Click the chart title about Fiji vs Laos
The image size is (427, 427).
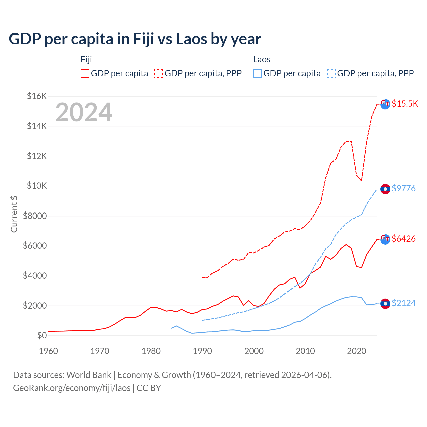point(135,39)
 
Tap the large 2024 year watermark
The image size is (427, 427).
point(84,112)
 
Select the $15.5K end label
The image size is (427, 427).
point(405,104)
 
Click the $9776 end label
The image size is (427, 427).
point(403,188)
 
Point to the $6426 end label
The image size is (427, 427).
point(403,239)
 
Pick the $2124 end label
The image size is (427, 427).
point(403,303)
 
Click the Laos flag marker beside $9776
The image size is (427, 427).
point(385,189)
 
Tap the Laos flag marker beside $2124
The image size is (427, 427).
point(385,304)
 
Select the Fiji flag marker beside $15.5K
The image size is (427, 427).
point(385,104)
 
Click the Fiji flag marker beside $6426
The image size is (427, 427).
point(385,239)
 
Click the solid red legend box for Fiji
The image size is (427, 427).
point(85,73)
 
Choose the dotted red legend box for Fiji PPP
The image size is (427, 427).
point(159,73)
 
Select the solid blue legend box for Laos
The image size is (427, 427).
point(257,73)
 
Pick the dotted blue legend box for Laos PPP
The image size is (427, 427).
point(331,73)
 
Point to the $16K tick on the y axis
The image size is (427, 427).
point(37,96)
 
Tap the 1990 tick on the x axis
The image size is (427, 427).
point(202,351)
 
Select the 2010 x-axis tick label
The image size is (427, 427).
point(305,351)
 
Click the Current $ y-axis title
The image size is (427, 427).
point(14,214)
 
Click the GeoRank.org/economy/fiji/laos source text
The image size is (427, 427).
point(72,388)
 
